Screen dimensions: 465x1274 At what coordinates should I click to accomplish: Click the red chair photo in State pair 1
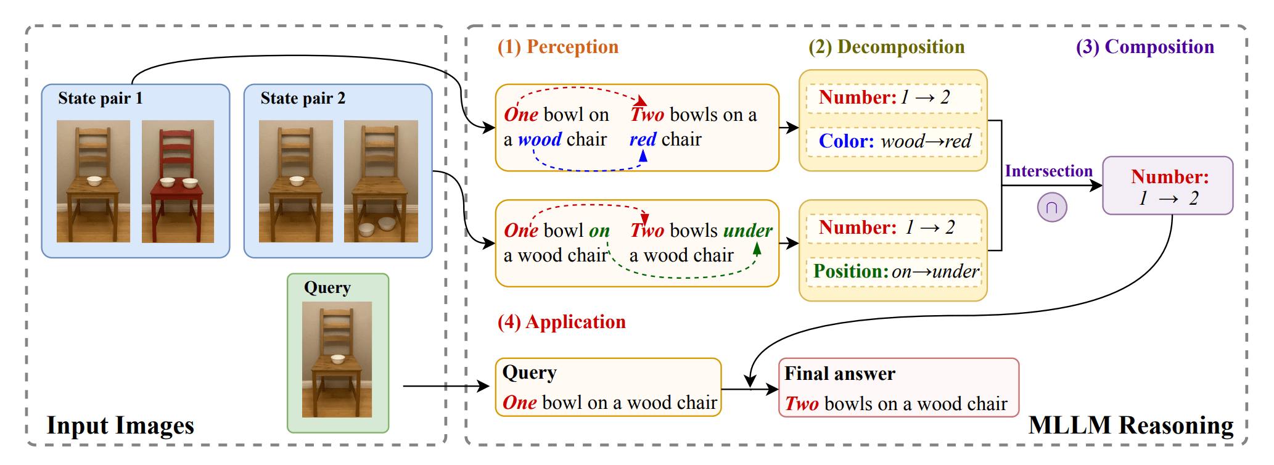(178, 181)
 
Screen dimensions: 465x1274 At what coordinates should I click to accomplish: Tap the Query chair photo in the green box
(337, 359)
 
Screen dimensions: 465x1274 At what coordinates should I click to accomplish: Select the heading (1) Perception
(557, 47)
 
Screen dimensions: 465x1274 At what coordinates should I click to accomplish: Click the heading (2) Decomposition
(886, 47)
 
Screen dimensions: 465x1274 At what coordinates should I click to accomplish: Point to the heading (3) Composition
(1145, 47)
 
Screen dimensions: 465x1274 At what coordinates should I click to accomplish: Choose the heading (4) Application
(561, 322)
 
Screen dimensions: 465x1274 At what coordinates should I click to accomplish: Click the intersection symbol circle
(1051, 207)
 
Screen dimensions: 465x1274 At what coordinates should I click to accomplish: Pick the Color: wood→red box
(894, 141)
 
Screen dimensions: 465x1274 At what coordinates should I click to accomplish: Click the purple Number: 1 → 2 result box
(1167, 186)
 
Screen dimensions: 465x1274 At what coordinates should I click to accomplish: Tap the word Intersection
(1048, 171)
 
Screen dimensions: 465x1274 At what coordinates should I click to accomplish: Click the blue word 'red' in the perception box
(643, 139)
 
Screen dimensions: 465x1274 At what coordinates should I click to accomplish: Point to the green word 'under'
(747, 231)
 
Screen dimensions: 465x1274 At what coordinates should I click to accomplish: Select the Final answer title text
(839, 374)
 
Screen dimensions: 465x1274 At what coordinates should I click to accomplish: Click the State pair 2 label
(303, 98)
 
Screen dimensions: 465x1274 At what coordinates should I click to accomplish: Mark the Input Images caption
(120, 426)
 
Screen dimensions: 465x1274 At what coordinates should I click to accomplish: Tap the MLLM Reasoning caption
(1130, 426)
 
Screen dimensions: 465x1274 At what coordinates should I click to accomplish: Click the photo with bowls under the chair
(380, 181)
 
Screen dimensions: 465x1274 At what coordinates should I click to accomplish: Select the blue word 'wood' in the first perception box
(540, 139)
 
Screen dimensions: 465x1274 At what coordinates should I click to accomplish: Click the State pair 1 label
(100, 98)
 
